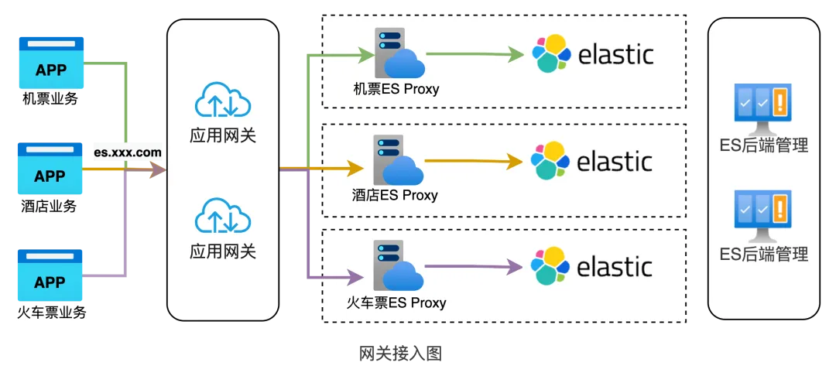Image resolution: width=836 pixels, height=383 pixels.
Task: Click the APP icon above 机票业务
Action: tap(51, 63)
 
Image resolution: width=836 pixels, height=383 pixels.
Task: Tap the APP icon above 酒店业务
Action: tap(50, 169)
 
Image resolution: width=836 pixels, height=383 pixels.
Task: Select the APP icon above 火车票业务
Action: tap(50, 275)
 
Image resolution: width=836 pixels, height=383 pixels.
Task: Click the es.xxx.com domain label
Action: tap(128, 152)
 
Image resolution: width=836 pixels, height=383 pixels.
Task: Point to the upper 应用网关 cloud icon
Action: tap(223, 100)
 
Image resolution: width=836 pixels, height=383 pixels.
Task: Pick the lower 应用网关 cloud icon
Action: tap(223, 217)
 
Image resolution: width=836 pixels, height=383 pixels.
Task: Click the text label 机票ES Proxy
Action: tap(396, 88)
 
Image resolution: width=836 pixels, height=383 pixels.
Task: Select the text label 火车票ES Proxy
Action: tap(396, 303)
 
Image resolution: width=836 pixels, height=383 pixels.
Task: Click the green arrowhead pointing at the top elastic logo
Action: tap(516, 53)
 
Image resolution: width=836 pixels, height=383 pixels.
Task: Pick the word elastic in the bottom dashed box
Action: tap(615, 266)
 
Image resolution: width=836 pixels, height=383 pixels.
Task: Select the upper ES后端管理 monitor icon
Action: tap(763, 108)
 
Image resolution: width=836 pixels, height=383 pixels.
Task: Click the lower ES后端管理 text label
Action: tap(763, 253)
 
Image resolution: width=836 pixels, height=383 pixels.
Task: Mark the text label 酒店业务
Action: tap(50, 206)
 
